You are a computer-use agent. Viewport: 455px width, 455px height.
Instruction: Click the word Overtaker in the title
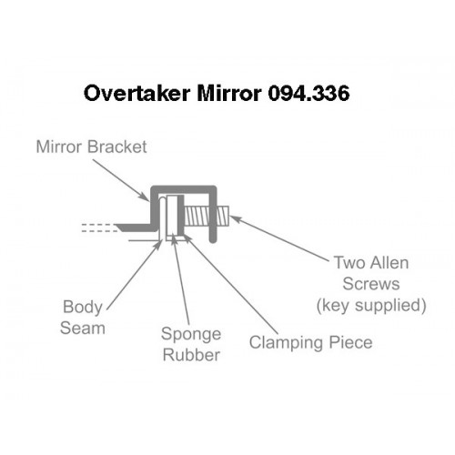click(137, 93)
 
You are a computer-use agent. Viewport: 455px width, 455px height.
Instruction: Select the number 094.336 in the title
click(308, 93)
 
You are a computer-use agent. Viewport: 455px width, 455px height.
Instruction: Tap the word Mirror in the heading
click(229, 93)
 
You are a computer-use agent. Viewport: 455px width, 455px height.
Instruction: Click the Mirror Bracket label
click(91, 147)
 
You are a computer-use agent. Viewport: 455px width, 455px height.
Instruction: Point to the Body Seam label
click(83, 318)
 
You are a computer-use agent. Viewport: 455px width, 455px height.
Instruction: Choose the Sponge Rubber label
click(191, 344)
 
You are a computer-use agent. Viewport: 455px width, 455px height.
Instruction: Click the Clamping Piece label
click(310, 343)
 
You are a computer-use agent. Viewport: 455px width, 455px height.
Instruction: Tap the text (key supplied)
click(371, 305)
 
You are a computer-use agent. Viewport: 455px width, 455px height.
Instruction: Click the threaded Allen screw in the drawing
click(207, 216)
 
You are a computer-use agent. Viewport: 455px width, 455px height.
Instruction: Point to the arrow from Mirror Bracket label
click(121, 180)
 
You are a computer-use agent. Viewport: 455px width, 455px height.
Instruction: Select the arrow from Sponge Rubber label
click(180, 279)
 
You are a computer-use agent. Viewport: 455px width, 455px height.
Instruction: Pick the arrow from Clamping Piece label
click(230, 284)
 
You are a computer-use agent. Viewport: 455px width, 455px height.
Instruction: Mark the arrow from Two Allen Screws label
click(279, 238)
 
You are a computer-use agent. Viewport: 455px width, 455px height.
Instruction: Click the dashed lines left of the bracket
click(98, 228)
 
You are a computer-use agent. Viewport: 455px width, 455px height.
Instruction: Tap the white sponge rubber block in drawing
click(172, 217)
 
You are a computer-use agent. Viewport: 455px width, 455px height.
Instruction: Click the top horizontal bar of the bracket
click(184, 189)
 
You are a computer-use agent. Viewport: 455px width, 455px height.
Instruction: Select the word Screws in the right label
click(371, 284)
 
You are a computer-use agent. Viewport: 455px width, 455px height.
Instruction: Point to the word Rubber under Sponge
click(191, 355)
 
